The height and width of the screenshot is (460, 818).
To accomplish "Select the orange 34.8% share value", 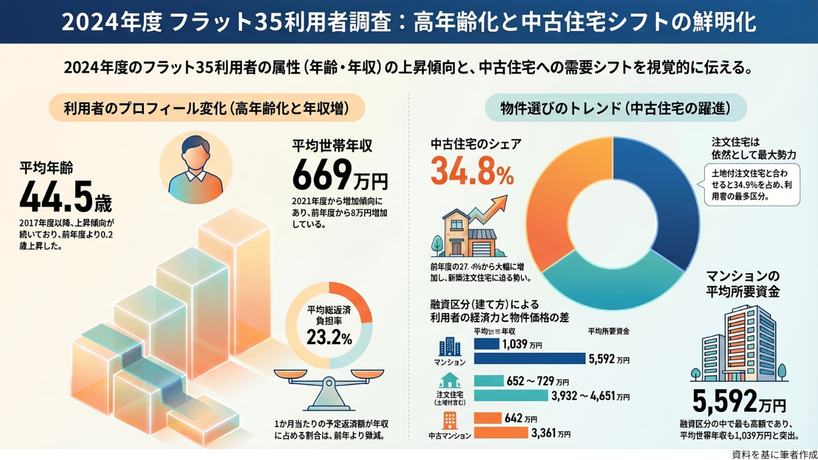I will point(472,172).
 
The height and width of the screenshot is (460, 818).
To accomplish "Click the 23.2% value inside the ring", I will point(329,338).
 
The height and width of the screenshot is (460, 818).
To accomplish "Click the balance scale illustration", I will point(329,386).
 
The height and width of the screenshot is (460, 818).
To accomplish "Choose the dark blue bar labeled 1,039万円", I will point(486,344).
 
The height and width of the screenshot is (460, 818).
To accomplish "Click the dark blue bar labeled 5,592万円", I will point(529,358).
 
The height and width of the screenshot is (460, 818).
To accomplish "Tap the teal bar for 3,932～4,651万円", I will point(511,395).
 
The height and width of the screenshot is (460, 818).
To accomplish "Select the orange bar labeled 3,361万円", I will point(501,432).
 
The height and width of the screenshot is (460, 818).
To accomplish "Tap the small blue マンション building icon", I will point(450,347).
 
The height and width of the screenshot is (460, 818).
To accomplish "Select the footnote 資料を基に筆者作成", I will point(774,455).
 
